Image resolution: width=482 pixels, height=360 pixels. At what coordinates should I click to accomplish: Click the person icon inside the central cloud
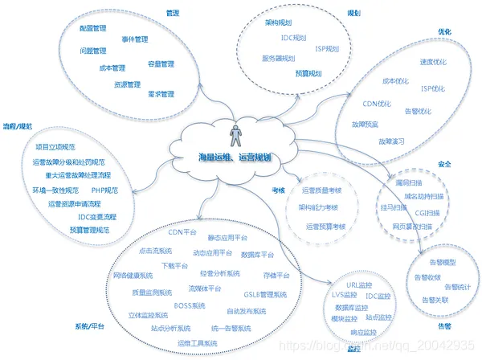[x=235, y=136]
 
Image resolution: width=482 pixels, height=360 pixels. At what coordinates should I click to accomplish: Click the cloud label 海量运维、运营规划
[x=234, y=157]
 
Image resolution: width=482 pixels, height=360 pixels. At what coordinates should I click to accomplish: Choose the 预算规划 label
[x=307, y=73]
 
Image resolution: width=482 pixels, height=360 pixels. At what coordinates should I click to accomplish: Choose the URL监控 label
[x=358, y=284]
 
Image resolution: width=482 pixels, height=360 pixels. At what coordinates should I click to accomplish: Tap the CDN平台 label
[x=182, y=232]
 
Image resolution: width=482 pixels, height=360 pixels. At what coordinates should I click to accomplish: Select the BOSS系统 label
[x=190, y=306]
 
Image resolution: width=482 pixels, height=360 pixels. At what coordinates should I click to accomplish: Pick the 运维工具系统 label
[x=197, y=343]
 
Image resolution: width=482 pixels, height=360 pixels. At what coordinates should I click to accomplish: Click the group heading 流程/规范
[x=18, y=126]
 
